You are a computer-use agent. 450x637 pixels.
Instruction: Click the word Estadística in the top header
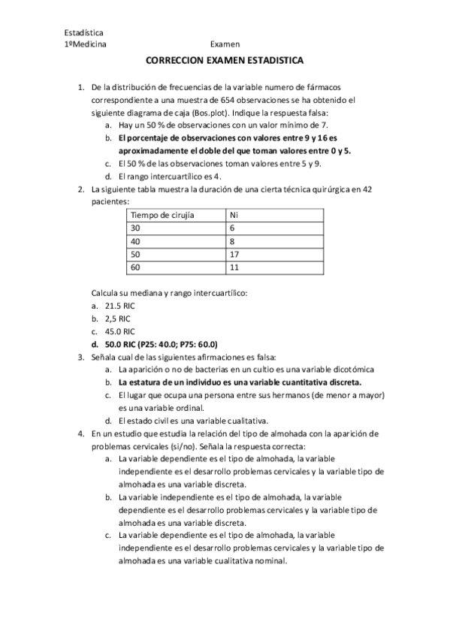pyautogui.click(x=84, y=33)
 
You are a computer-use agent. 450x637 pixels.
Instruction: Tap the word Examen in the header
pyautogui.click(x=225, y=44)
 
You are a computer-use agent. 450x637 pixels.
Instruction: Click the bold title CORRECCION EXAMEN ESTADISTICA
pyautogui.click(x=225, y=65)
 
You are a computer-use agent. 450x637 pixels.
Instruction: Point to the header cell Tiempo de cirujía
pyautogui.click(x=162, y=214)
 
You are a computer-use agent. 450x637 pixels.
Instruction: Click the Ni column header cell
pyautogui.click(x=234, y=214)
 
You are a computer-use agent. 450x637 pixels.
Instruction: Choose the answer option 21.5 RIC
pyautogui.click(x=119, y=306)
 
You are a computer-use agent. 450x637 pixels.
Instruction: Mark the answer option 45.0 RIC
pyautogui.click(x=119, y=331)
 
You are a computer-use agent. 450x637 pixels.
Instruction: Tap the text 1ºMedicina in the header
pyautogui.click(x=86, y=44)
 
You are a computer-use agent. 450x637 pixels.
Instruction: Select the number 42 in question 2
pyautogui.click(x=367, y=189)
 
